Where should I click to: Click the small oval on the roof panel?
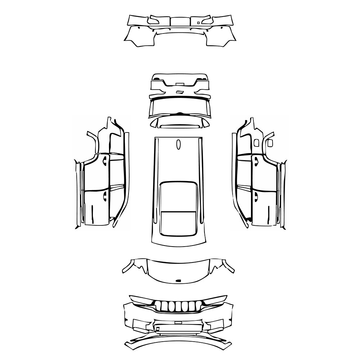click(x=178, y=144)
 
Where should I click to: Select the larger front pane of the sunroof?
click(x=178, y=196)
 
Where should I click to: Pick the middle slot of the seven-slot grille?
click(x=178, y=306)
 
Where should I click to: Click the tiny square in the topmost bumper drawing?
click(x=198, y=22)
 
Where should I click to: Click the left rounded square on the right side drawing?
click(x=256, y=143)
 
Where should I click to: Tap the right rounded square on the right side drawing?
click(x=270, y=143)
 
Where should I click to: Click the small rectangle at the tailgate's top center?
click(x=180, y=83)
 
